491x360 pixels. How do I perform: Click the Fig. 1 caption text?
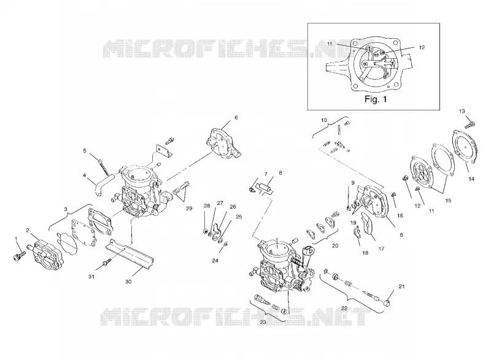[376, 99]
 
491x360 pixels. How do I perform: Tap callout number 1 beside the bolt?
[17, 239]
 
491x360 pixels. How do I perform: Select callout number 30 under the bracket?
[128, 282]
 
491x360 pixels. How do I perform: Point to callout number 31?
[91, 277]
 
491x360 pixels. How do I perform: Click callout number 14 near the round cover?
[471, 179]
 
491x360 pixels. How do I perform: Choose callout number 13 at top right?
[462, 111]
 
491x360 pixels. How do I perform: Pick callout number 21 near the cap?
[402, 286]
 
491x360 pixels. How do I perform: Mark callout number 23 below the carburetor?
[263, 321]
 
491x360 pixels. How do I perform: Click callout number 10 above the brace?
[324, 120]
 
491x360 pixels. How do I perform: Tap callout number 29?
[189, 209]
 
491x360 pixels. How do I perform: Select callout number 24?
[215, 261]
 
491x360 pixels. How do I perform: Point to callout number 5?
[85, 151]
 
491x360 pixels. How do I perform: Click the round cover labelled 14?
[465, 147]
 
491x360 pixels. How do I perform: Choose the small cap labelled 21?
[388, 302]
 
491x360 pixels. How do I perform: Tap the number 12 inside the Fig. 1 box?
[422, 48]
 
